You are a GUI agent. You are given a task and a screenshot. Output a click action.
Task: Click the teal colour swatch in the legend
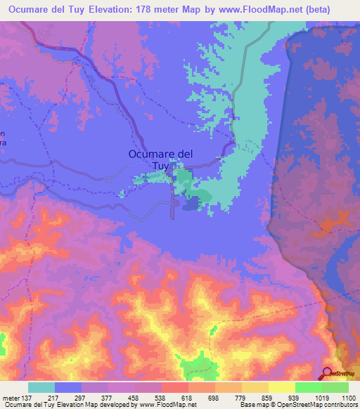41,387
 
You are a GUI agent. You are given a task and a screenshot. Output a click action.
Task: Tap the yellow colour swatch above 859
255,387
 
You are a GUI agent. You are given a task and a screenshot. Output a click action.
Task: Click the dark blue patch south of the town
191,204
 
